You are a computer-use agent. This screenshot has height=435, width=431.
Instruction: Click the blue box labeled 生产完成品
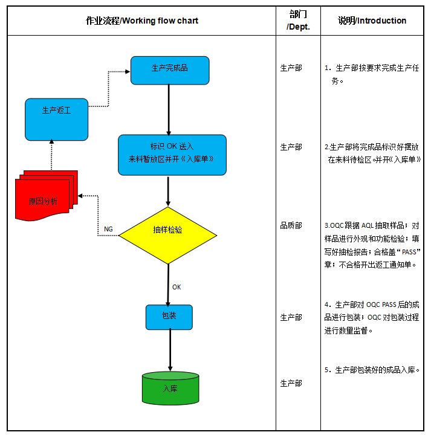(170, 70)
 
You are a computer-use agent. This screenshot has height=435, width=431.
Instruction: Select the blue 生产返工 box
(56, 118)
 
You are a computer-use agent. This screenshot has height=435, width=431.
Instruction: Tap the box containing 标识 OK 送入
(172, 155)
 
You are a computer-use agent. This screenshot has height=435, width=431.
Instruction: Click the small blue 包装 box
(169, 317)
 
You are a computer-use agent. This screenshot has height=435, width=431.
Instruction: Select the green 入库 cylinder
(170, 388)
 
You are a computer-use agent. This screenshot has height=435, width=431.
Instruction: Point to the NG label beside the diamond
(108, 230)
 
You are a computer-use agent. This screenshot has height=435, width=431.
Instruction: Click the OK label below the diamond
(177, 287)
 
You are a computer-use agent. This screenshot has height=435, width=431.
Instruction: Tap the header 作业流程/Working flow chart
(142, 21)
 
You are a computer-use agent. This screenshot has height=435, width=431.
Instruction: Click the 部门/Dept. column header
(298, 21)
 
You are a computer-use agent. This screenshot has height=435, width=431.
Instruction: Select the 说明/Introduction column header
(372, 21)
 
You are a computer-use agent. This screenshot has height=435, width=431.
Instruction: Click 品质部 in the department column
(291, 225)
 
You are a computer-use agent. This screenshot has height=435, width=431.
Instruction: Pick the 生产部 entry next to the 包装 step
(291, 317)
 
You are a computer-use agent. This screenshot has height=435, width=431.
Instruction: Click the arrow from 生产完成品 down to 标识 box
(169, 109)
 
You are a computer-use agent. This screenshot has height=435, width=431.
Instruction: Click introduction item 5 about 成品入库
(376, 370)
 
